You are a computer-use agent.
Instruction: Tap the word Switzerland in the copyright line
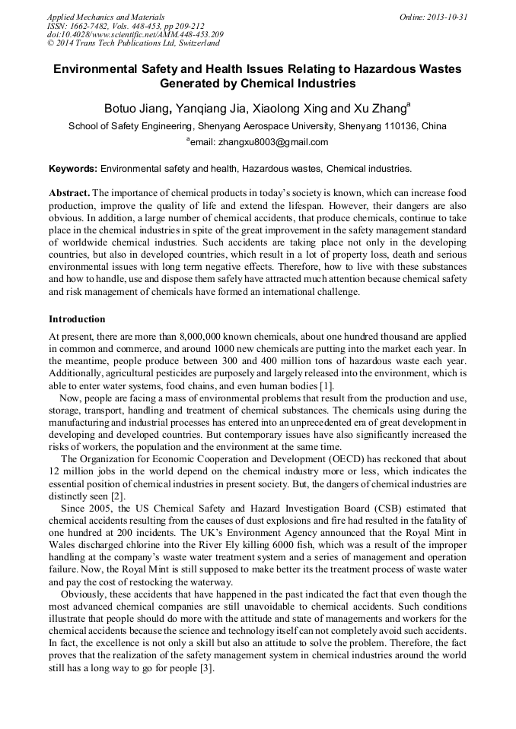(193, 43)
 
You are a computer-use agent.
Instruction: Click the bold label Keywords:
(73, 169)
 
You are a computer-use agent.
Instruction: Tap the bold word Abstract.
(69, 193)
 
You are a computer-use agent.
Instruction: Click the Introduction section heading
(77, 319)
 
